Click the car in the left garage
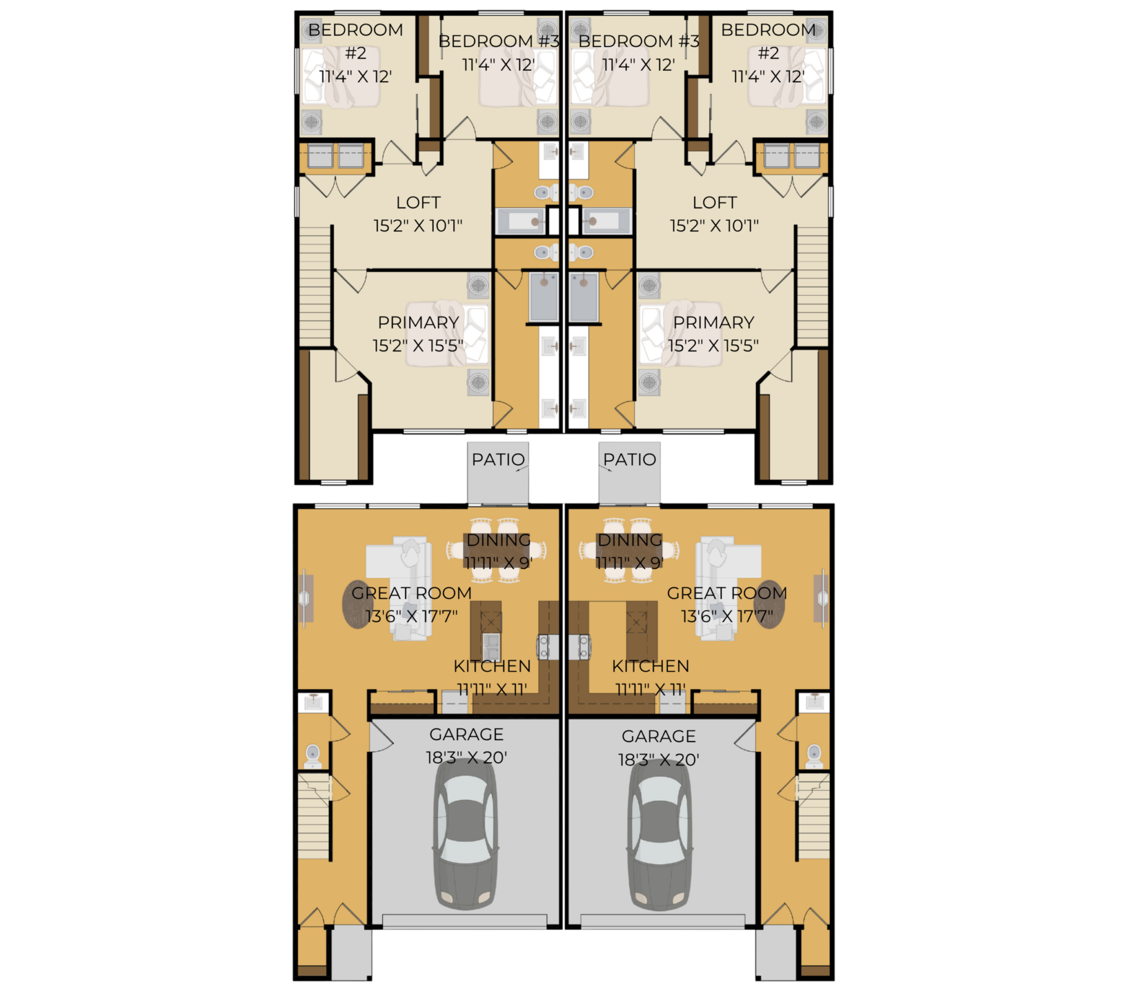click(465, 834)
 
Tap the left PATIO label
click(498, 459)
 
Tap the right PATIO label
click(630, 459)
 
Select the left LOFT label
click(418, 202)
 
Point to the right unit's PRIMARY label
click(714, 323)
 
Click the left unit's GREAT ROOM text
click(412, 593)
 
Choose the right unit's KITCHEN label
click(650, 666)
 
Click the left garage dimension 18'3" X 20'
click(466, 757)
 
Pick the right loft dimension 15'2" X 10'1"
click(714, 226)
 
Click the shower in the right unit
click(583, 297)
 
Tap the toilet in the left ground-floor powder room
click(313, 755)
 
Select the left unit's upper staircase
click(315, 286)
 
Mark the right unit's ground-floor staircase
click(814, 816)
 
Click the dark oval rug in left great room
click(356, 605)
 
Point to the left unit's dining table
click(497, 551)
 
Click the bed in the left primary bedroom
click(447, 334)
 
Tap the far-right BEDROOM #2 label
click(768, 53)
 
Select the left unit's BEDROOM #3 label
click(499, 41)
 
